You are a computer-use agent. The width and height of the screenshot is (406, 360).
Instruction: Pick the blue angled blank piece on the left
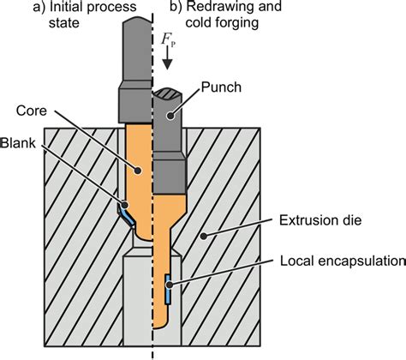pos(125,212)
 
